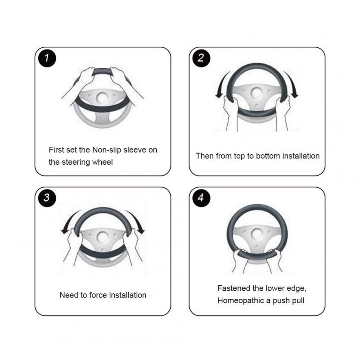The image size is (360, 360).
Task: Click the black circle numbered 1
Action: pos(47,58)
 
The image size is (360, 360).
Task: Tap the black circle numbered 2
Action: pos(201,58)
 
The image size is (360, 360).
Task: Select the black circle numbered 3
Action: pos(47,198)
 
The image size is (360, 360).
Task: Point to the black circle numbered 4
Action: pos(201,198)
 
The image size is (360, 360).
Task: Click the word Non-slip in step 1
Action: pos(107,150)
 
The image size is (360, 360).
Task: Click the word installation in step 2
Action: pos(301,156)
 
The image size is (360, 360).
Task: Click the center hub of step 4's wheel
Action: pos(257,234)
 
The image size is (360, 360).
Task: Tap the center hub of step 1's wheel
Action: pos(103,98)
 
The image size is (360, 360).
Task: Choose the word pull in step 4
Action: pos(298,301)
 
